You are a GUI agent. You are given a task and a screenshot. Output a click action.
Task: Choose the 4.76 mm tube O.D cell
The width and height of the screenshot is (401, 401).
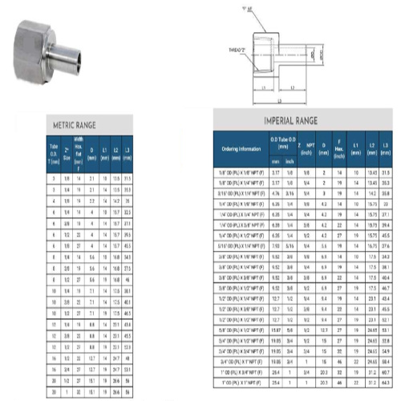(x=277, y=193)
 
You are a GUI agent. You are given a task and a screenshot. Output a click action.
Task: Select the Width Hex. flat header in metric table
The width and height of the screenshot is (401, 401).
(x=78, y=152)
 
